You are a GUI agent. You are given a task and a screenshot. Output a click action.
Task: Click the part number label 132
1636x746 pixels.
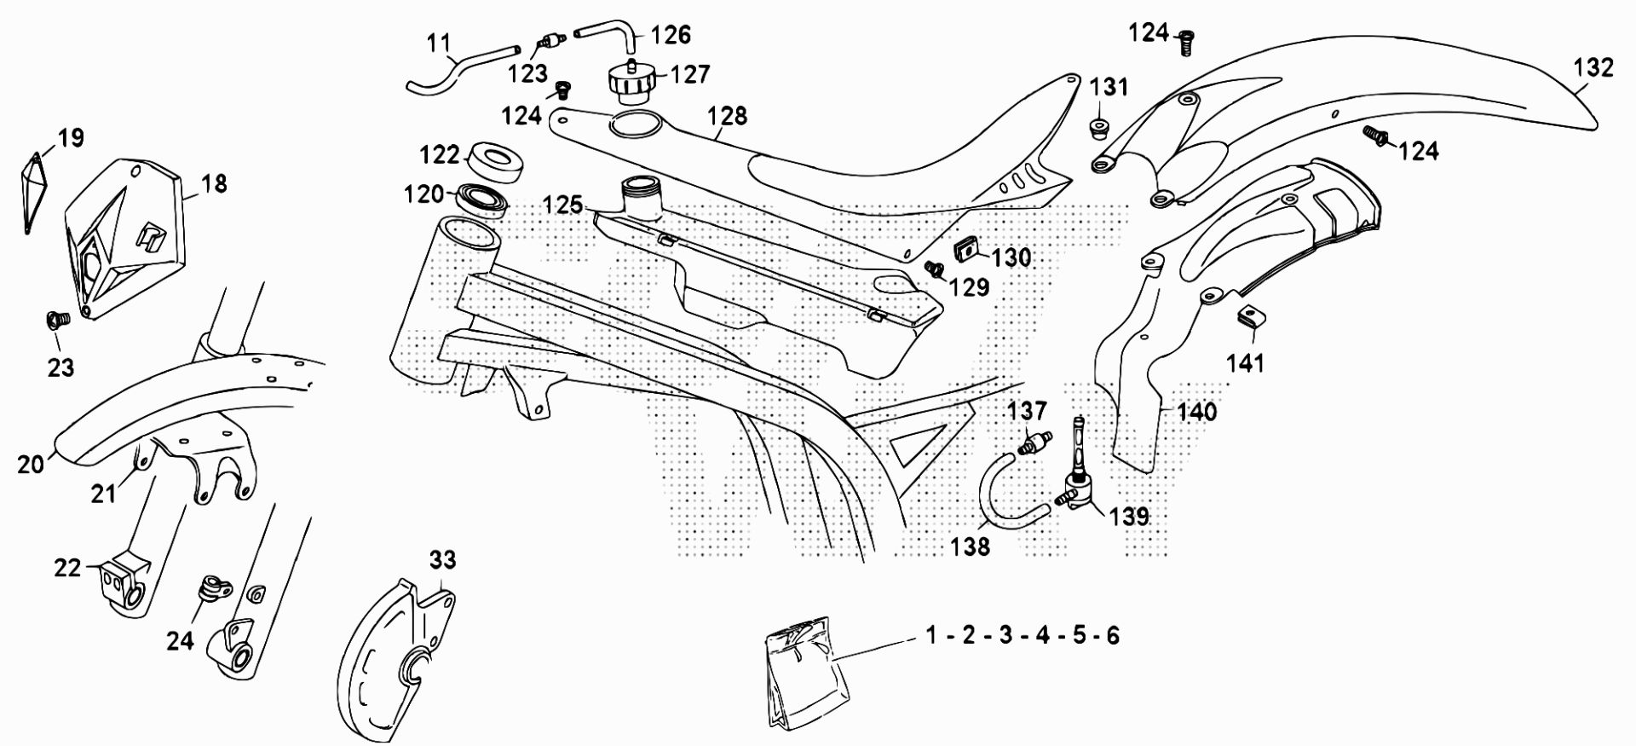(x=1593, y=67)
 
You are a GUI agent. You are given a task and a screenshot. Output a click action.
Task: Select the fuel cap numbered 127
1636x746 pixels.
(x=631, y=83)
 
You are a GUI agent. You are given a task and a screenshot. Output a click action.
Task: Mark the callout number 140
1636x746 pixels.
(x=1196, y=412)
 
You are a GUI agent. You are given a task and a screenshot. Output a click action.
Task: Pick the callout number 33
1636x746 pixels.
(x=442, y=559)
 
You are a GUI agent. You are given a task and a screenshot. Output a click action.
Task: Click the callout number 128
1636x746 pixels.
(x=727, y=115)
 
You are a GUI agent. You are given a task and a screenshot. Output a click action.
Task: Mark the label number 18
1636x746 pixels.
(x=215, y=182)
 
